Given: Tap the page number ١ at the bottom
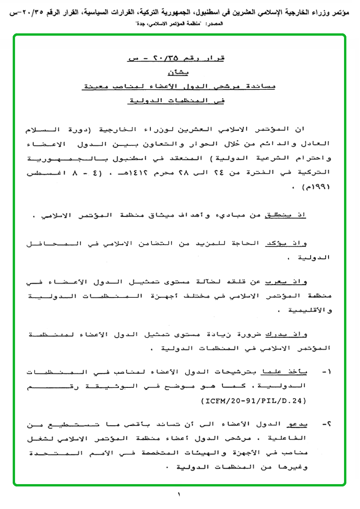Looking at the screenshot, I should tap(179, 494).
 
